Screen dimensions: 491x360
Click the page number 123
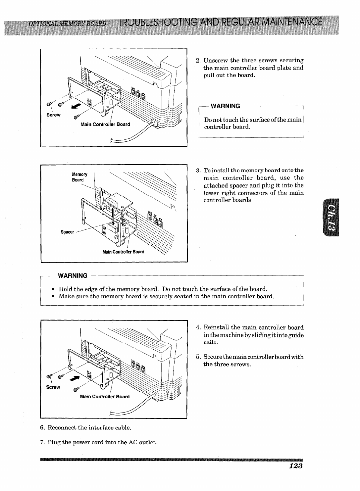(295, 466)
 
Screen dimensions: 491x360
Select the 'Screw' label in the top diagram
(53, 115)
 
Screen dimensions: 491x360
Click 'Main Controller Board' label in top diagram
(105, 124)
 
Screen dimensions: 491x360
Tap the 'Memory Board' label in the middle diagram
(79, 177)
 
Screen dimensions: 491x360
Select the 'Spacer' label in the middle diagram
(67, 232)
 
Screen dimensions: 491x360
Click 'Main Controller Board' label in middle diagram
(123, 252)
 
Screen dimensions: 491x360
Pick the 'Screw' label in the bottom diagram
(53, 387)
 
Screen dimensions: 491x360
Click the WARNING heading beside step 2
(226, 106)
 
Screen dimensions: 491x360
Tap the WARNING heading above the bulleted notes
(72, 275)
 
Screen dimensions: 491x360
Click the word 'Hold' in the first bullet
(65, 289)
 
